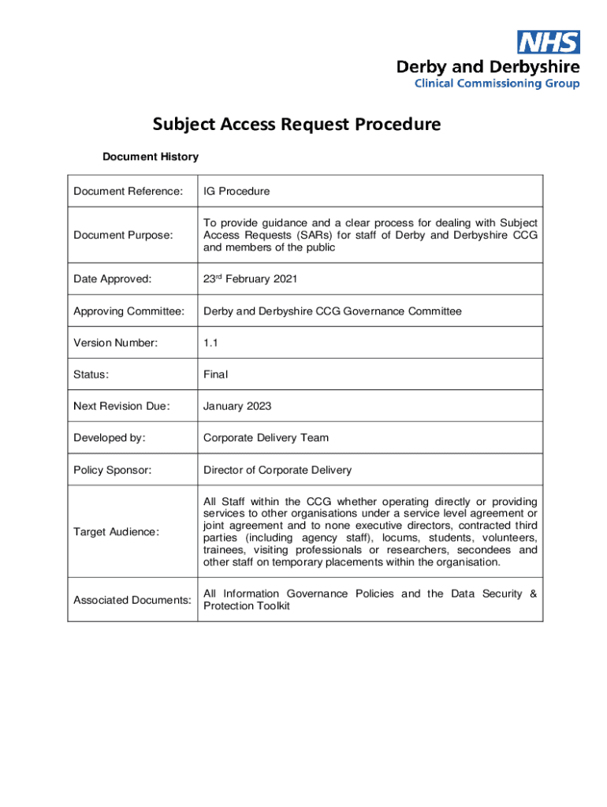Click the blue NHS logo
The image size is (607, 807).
coord(548,42)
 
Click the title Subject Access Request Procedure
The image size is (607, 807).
coord(296,125)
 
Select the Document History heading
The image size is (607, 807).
coord(150,157)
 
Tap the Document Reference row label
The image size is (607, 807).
coord(128,192)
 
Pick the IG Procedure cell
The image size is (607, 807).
coord(236,192)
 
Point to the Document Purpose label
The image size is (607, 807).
coord(124,235)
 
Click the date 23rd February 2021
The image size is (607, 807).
coord(250,279)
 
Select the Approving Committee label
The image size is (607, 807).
coord(128,311)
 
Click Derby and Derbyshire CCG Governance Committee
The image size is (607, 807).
coord(332,311)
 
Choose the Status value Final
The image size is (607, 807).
coord(215,374)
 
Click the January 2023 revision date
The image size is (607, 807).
coord(236,406)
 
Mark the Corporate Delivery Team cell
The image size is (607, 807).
coord(266,437)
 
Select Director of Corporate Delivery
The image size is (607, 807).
coord(277,470)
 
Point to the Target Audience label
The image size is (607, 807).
coord(116,532)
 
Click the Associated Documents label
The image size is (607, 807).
coord(132,600)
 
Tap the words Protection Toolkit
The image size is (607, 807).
coord(247,606)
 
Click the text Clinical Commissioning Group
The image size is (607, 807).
coord(497,84)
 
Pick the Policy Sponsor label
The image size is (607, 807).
coord(112,470)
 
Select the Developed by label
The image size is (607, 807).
coord(110,437)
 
